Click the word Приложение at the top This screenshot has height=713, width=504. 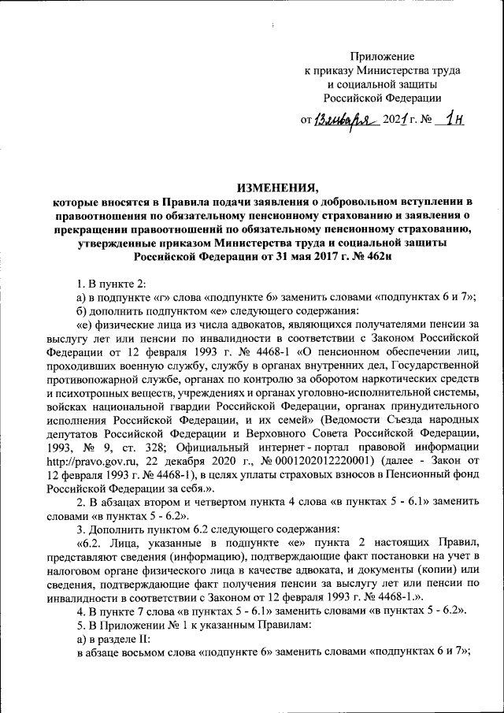coord(382,56)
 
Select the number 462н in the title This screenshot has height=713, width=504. coord(375,255)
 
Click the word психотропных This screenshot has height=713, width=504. coord(92,392)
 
